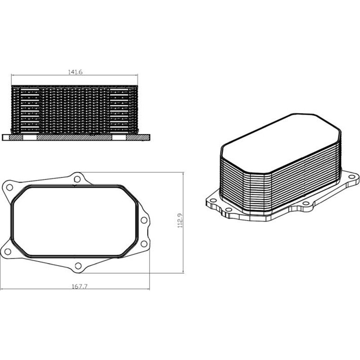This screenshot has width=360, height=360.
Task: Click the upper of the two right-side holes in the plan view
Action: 144,220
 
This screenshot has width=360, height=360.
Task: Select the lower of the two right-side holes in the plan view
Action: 144,243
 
